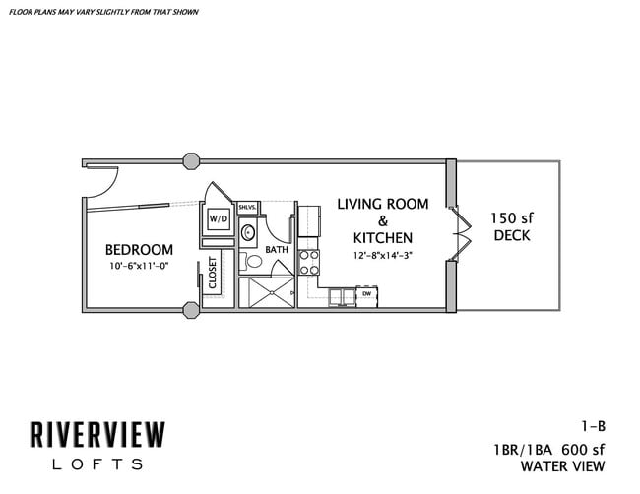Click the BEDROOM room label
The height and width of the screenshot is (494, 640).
click(x=139, y=250)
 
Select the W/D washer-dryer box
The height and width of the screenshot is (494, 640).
click(x=218, y=217)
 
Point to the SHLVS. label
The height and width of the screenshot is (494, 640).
click(x=247, y=207)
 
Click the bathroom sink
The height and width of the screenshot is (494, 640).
click(x=247, y=233)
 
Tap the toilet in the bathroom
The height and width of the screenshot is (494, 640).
click(x=246, y=261)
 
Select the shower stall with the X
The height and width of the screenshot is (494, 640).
click(x=269, y=291)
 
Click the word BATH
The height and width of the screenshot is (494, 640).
click(x=276, y=250)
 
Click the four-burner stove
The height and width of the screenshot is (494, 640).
click(x=309, y=262)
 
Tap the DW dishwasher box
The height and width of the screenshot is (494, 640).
click(x=366, y=293)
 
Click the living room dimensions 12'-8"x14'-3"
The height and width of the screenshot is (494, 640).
click(x=382, y=256)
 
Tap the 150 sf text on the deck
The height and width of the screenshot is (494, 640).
click(x=511, y=217)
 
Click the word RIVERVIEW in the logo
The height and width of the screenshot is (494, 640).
click(x=98, y=434)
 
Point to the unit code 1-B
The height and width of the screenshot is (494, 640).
click(x=592, y=426)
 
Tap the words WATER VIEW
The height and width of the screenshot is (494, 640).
click(x=563, y=465)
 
